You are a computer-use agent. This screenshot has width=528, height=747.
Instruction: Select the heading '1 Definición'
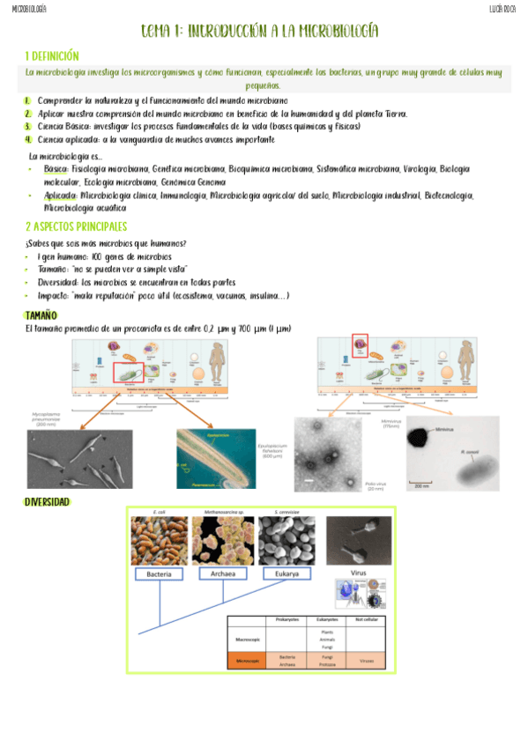coord(52,55)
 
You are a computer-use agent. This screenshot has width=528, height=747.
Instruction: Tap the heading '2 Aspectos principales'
coord(77,226)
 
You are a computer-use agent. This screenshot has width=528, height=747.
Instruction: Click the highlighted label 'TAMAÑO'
coord(41,314)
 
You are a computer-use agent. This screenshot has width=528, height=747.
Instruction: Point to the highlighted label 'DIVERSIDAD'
coord(47,502)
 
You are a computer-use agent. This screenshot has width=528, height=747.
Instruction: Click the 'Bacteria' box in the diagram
coord(159,574)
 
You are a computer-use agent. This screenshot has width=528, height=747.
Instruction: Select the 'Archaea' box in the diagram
coord(223,574)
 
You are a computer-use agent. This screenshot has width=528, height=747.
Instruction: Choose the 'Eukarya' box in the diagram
coord(287,574)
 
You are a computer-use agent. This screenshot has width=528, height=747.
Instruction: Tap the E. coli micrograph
coord(159,540)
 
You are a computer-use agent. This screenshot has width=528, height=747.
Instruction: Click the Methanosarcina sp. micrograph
coord(223,540)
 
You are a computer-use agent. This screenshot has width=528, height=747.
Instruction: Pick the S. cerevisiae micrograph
coord(287,540)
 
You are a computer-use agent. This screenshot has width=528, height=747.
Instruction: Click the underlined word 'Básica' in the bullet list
coord(56,168)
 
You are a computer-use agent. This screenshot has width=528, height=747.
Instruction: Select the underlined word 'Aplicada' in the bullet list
coord(60,196)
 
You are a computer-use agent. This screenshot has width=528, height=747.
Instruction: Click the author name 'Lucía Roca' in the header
coord(502,9)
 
